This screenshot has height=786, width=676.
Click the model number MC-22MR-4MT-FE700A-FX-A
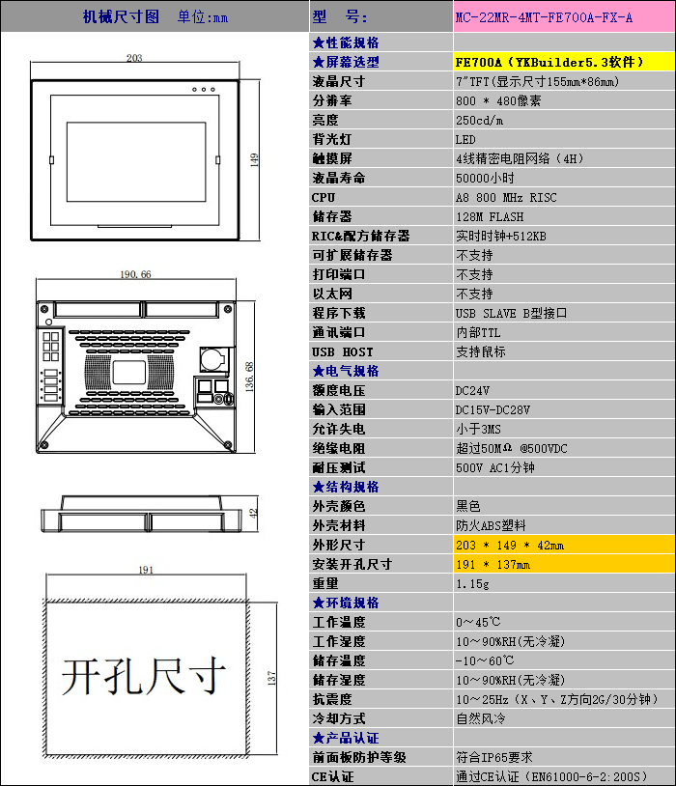pyautogui.click(x=545, y=17)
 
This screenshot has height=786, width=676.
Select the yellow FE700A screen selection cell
pyautogui.click(x=549, y=62)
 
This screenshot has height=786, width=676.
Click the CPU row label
pyautogui.click(x=324, y=197)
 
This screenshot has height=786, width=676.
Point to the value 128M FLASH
pyautogui.click(x=490, y=216)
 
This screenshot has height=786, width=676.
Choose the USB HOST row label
pyautogui.click(x=342, y=351)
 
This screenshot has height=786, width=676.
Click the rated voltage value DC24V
pyautogui.click(x=473, y=390)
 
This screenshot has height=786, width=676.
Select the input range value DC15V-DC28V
pyautogui.click(x=493, y=409)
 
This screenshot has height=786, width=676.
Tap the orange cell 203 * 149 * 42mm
pyautogui.click(x=510, y=545)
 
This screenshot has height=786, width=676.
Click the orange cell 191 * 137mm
pyautogui.click(x=493, y=564)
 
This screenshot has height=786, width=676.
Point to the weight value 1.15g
pyautogui.click(x=471, y=583)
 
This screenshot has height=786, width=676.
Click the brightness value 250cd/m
pyautogui.click(x=480, y=120)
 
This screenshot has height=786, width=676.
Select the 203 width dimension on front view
pyautogui.click(x=134, y=59)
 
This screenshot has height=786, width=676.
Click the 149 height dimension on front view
pyautogui.click(x=256, y=159)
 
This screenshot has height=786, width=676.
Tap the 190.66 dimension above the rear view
pyautogui.click(x=135, y=274)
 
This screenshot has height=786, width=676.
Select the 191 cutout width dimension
pyautogui.click(x=146, y=570)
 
